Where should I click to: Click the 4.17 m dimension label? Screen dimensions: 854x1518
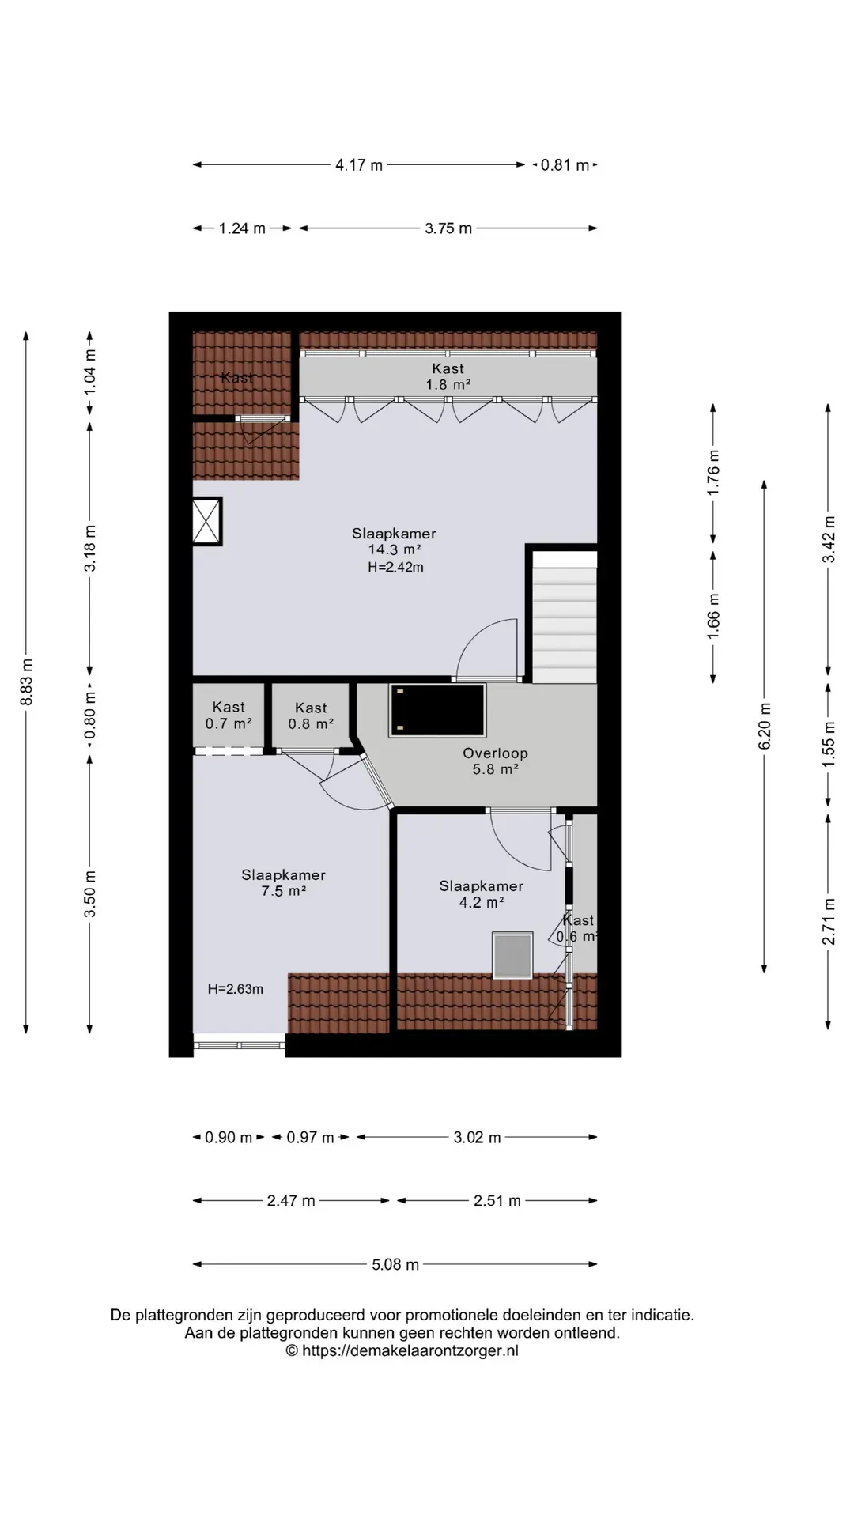359,165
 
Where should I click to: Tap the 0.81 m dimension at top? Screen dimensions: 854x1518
565,165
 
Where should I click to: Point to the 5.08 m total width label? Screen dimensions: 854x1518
395,1264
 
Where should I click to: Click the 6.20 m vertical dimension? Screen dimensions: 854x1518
765,727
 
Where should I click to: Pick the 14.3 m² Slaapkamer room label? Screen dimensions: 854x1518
394,549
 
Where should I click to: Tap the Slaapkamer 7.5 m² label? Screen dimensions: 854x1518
283,882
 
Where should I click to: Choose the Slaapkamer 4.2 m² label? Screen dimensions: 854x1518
481,894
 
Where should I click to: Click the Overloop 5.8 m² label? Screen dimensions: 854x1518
495,761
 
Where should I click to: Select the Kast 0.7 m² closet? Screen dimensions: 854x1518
229,716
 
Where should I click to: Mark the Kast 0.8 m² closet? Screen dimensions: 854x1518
311,716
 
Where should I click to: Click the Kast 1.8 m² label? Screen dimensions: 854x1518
448,376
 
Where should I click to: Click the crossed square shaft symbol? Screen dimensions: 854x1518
207,521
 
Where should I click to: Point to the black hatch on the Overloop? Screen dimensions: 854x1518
437,711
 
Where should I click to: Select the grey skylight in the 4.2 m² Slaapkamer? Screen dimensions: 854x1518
512,955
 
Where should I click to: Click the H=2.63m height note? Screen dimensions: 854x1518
236,989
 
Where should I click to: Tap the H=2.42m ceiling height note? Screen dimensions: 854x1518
395,567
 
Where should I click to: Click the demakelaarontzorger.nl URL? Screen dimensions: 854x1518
402,1351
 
